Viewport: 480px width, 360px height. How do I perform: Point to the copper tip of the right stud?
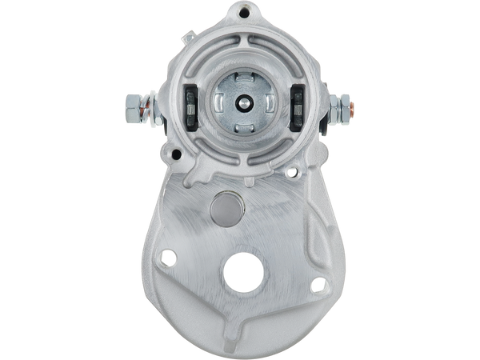352,105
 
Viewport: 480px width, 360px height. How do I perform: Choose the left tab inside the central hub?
220,103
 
